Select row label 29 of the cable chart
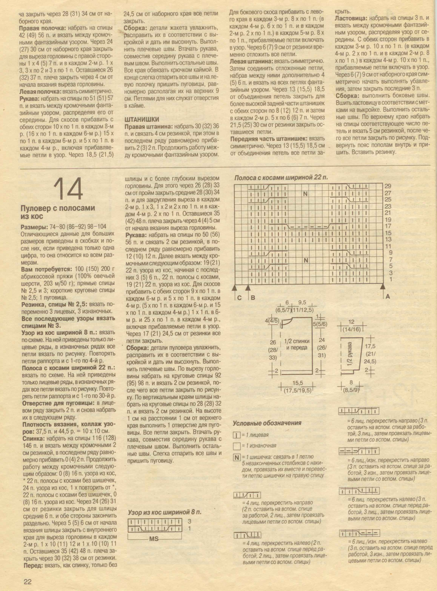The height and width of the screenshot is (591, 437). coord(388,186)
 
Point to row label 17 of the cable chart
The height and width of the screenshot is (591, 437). coord(388,226)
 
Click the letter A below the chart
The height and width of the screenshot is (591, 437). coord(388,297)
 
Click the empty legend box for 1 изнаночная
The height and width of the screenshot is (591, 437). coord(237,446)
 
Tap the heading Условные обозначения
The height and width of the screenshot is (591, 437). coord(267,423)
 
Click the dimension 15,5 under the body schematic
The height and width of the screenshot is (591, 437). coord(298,383)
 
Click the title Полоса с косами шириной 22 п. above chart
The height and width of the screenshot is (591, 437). coord(281,178)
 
